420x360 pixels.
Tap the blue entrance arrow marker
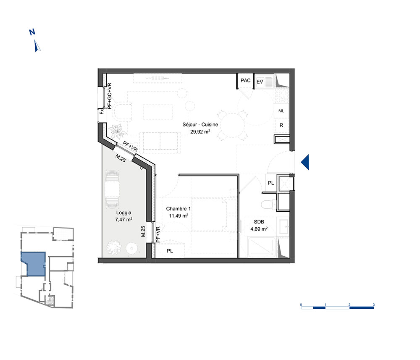tap(305, 162)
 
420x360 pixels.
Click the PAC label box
tap(245, 81)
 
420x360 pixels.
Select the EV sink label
tap(260, 81)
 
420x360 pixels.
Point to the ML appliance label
tap(281, 111)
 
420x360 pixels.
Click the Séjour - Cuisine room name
tap(200, 125)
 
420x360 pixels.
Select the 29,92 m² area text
tap(200, 131)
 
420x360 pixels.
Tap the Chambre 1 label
tap(178, 209)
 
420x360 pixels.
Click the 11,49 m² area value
tap(178, 215)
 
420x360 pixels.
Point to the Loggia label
tap(124, 213)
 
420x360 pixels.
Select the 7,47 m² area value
tap(124, 219)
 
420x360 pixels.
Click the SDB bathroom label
tap(259, 222)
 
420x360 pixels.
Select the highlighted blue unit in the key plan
tap(34, 264)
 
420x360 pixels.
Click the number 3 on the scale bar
tap(374, 305)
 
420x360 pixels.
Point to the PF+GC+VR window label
tap(110, 96)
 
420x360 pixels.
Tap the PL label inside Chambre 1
tap(170, 251)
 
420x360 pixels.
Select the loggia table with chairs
tap(112, 189)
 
